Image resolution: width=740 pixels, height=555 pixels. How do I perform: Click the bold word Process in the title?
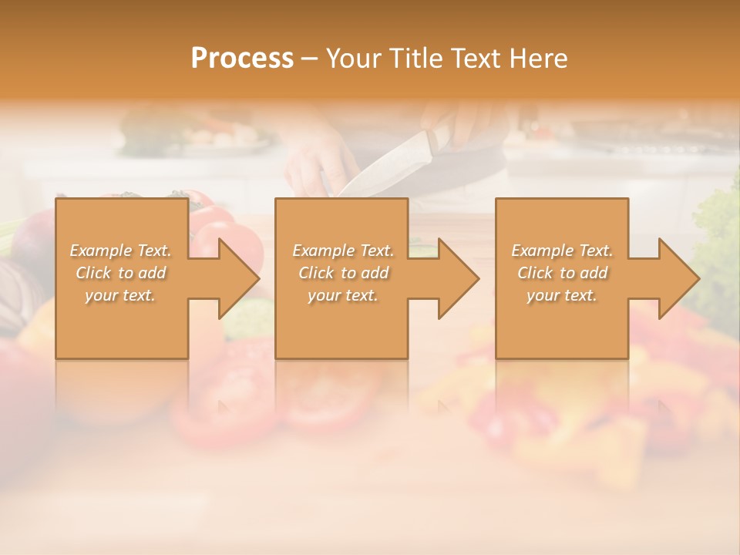point(242,58)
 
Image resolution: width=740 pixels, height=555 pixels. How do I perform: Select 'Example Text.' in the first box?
point(121,251)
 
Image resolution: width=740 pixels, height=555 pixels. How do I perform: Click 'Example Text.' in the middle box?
point(343,251)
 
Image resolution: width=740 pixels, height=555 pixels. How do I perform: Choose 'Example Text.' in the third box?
point(562,251)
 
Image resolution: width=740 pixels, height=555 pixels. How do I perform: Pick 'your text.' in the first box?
point(121,295)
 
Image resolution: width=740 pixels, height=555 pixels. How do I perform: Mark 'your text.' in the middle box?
point(343,295)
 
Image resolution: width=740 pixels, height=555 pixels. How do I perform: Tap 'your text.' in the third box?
point(562,295)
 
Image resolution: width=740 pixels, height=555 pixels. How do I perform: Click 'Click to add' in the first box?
point(121,273)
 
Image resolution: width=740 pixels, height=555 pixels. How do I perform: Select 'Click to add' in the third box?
point(562,273)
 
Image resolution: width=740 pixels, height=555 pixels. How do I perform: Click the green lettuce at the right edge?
point(721,231)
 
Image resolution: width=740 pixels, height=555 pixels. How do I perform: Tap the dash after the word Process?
point(309,59)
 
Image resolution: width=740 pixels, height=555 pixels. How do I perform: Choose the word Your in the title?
point(351,58)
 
